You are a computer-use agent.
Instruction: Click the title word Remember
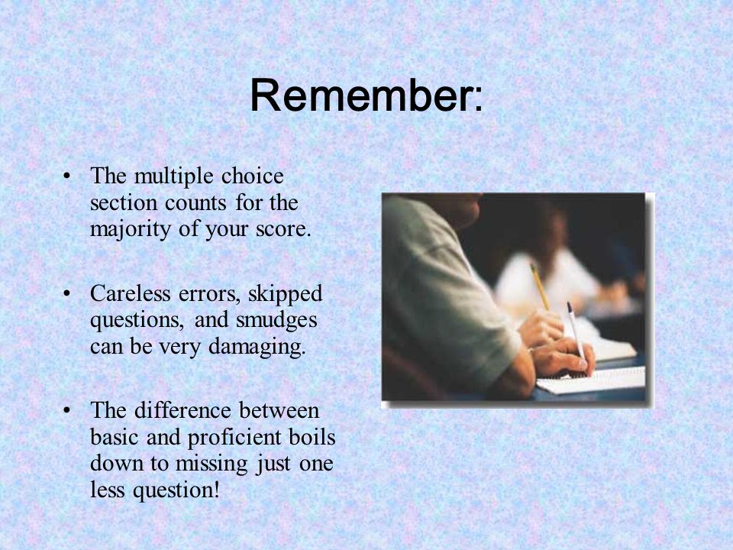coord(362,95)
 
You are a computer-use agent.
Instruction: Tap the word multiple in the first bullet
coord(174,177)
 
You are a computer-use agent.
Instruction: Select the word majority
coord(130,230)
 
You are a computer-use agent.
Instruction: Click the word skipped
coord(285,295)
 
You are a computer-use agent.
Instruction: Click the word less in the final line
coord(107,490)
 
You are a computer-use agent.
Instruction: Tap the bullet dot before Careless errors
coord(67,294)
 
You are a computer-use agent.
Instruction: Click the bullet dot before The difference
coord(67,411)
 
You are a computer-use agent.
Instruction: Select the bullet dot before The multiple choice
coord(67,176)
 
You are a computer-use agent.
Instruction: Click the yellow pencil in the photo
coord(540,286)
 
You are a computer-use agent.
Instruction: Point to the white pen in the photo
coord(576,331)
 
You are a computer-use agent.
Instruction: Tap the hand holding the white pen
coord(563,357)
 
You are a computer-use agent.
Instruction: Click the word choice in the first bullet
coord(253,176)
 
